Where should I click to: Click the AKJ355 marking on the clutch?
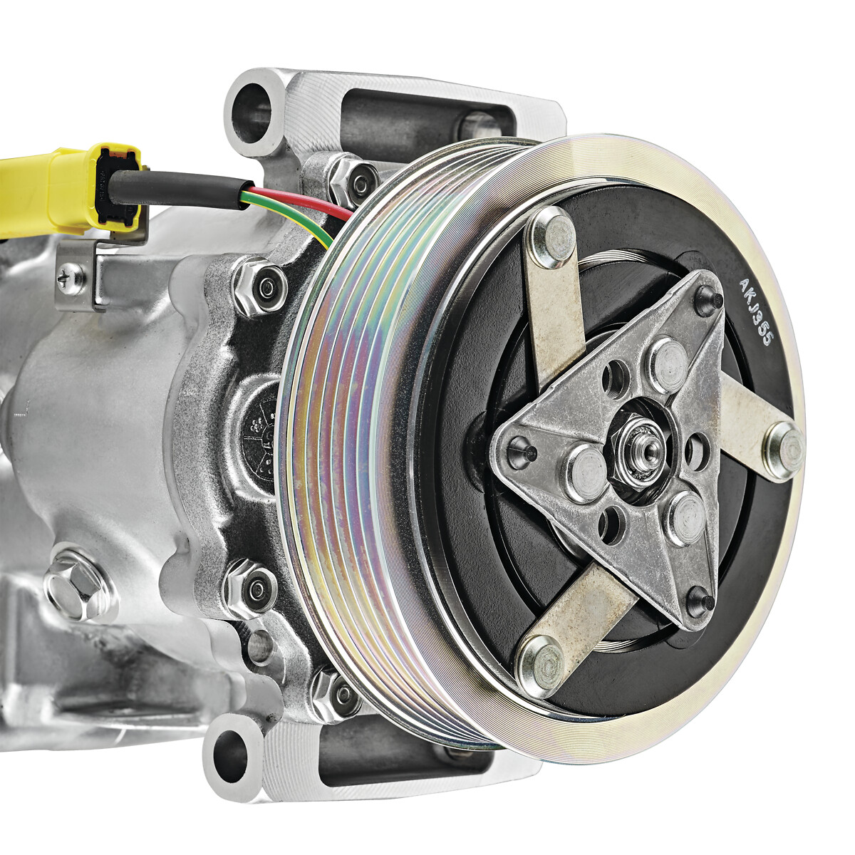pos(756,312)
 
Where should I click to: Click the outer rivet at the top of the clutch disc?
pos(552,237)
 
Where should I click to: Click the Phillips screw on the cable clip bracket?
pos(71,279)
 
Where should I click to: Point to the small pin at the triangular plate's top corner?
pos(707,299)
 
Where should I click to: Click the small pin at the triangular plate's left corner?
pos(519,449)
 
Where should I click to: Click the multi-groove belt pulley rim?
pos(356,427)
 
